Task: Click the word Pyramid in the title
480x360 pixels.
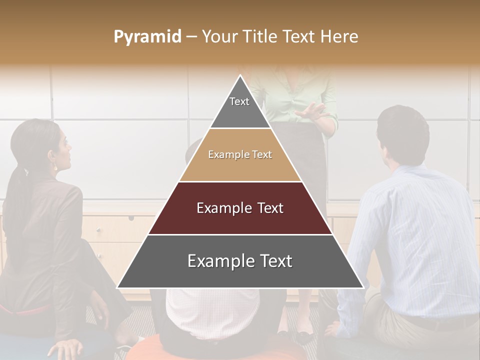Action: (x=147, y=37)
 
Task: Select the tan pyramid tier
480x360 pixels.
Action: (x=240, y=155)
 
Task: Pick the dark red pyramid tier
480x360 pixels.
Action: (x=240, y=208)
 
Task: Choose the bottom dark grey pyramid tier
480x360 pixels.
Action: (x=240, y=261)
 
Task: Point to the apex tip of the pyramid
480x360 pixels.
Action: (x=240, y=76)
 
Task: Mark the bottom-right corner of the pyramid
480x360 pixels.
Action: (x=363, y=287)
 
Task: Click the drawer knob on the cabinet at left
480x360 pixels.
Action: (x=131, y=218)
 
